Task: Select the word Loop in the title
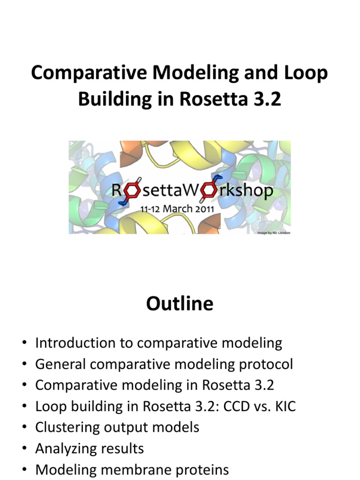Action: [x=306, y=74]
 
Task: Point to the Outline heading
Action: [x=180, y=304]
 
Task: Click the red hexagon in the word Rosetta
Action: [x=133, y=190]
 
